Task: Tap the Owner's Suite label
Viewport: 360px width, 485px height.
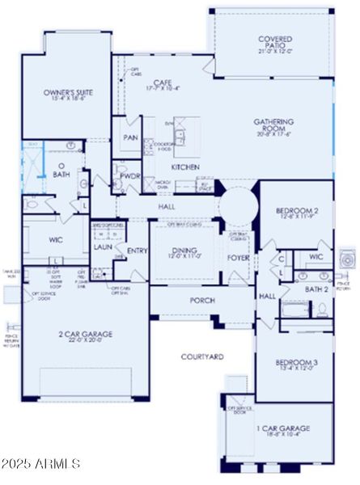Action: pos(67,96)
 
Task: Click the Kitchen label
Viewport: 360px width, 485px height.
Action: pos(185,167)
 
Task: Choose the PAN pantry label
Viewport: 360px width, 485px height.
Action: pos(129,137)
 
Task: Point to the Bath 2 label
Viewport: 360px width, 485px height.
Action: pos(316,289)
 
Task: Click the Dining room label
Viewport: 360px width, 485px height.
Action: pos(185,252)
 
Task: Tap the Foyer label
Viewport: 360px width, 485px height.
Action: pos(238,259)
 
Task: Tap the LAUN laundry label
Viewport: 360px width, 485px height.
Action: pos(103,247)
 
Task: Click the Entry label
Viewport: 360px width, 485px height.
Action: pos(137,251)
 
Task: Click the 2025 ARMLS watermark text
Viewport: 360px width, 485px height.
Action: pos(40,464)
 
